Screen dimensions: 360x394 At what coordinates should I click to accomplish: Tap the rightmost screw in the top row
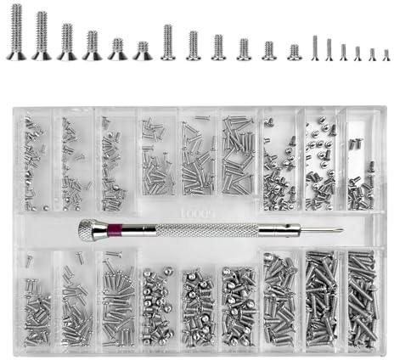click(386, 54)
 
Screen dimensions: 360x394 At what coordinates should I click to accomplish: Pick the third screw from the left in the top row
click(67, 42)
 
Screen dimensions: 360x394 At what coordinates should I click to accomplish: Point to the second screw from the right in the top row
click(371, 53)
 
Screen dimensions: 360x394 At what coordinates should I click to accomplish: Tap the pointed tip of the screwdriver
click(341, 229)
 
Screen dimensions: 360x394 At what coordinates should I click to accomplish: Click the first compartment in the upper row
click(34, 161)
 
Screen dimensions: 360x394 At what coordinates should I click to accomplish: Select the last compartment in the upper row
click(360, 161)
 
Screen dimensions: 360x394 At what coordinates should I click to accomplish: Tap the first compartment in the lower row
click(34, 297)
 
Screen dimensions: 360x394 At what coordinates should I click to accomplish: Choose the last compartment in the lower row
click(362, 297)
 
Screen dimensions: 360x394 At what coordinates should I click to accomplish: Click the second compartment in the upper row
click(75, 161)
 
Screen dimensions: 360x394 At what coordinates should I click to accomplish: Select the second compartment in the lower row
click(75, 297)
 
